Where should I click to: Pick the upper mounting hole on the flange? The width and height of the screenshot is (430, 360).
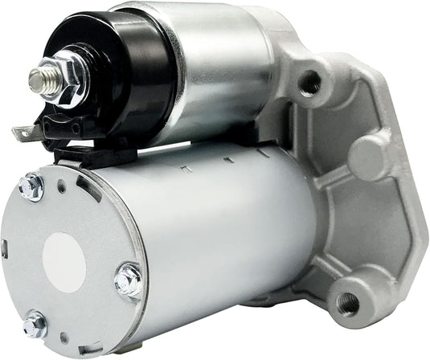309,81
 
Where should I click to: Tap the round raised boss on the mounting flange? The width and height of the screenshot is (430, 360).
368,153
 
